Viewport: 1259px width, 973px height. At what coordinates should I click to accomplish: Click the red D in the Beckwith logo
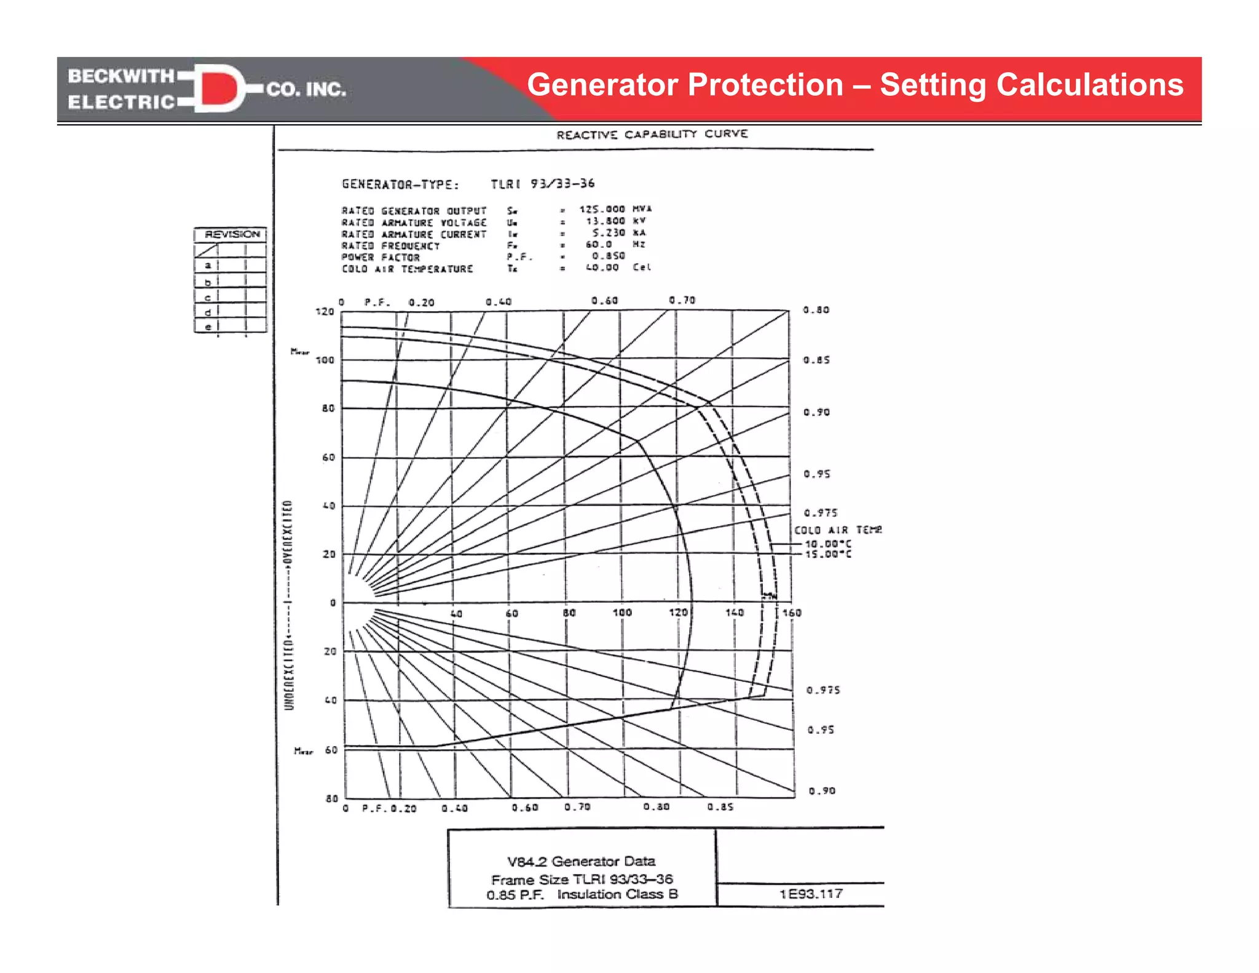(218, 88)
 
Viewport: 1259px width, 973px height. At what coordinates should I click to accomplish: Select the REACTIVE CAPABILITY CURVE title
(652, 134)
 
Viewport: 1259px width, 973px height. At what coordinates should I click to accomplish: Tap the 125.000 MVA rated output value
(615, 209)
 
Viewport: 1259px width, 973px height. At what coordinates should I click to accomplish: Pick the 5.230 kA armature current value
(618, 232)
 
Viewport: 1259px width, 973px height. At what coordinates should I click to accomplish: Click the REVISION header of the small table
(232, 234)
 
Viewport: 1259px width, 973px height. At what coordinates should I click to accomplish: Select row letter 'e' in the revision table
(208, 327)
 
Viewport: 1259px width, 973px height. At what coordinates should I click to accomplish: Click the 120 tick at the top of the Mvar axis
(325, 312)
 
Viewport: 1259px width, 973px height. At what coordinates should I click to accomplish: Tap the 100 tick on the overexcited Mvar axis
(325, 360)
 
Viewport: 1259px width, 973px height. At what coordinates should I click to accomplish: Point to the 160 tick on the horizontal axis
(792, 613)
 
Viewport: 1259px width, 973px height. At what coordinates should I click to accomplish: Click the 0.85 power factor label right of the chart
(816, 360)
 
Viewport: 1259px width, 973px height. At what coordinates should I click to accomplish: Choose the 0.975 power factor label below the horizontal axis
(823, 690)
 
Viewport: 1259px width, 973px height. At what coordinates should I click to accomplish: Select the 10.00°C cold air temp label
(828, 544)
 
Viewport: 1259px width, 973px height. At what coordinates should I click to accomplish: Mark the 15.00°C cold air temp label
(828, 554)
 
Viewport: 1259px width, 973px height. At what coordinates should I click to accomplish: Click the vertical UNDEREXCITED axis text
(289, 673)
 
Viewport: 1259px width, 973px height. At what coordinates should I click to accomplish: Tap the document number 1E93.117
(811, 894)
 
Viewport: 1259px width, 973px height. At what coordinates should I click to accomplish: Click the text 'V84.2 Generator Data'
(581, 861)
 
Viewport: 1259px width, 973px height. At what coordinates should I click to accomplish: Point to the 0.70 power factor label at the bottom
(577, 807)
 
